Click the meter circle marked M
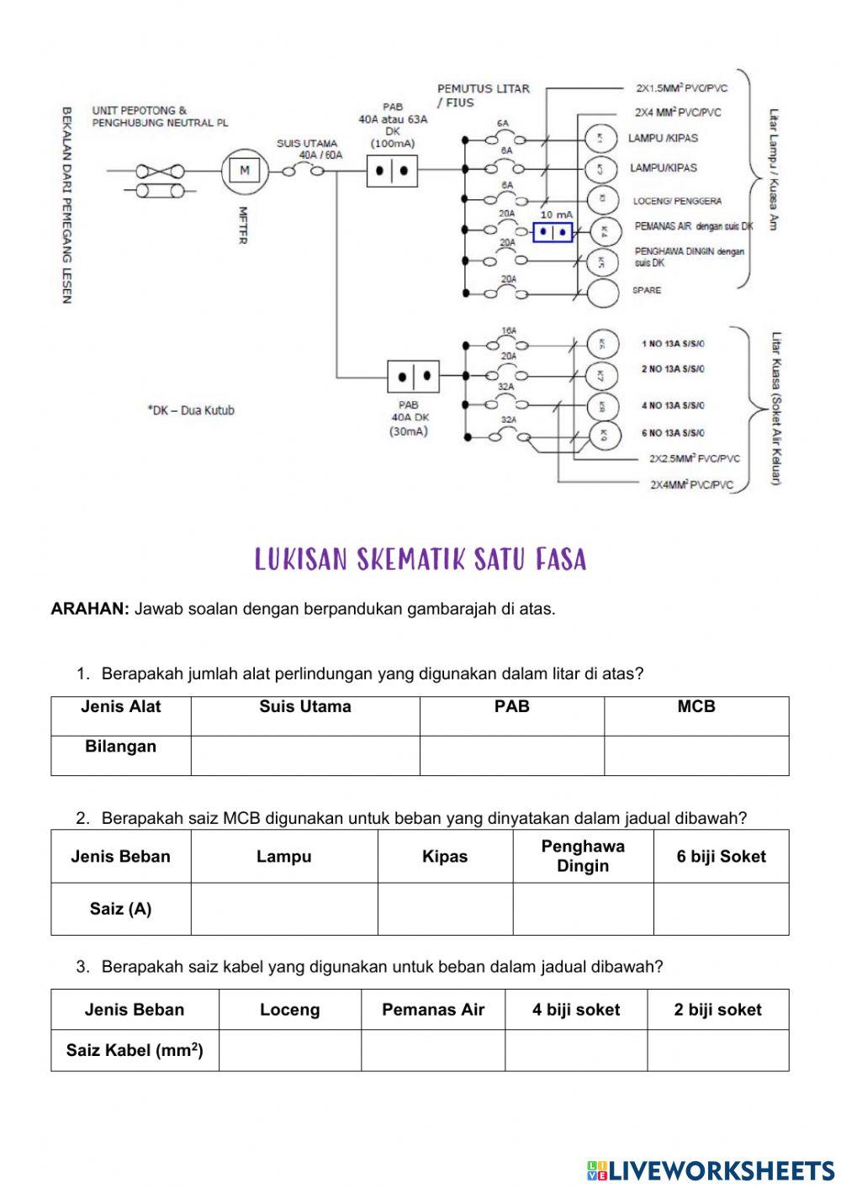click(245, 171)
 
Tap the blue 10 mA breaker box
click(553, 231)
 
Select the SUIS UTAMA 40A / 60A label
click(308, 149)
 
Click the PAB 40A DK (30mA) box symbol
click(413, 376)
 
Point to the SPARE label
click(647, 291)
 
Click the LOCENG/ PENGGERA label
click(677, 201)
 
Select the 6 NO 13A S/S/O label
click(673, 433)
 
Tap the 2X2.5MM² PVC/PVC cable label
click(695, 459)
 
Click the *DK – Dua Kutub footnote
click(191, 410)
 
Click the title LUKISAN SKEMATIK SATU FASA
click(420, 560)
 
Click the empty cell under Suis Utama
click(304, 755)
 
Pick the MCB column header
click(696, 707)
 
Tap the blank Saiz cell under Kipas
click(444, 908)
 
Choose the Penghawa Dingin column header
click(583, 856)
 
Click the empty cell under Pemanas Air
click(432, 1050)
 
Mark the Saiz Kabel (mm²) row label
click(135, 1050)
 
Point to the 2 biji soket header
click(717, 1010)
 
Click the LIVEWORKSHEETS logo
click(710, 1170)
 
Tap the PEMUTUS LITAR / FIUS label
click(482, 95)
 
